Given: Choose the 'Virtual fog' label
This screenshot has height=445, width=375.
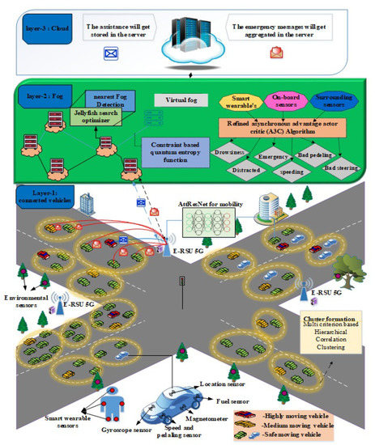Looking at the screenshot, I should click(180, 100).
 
